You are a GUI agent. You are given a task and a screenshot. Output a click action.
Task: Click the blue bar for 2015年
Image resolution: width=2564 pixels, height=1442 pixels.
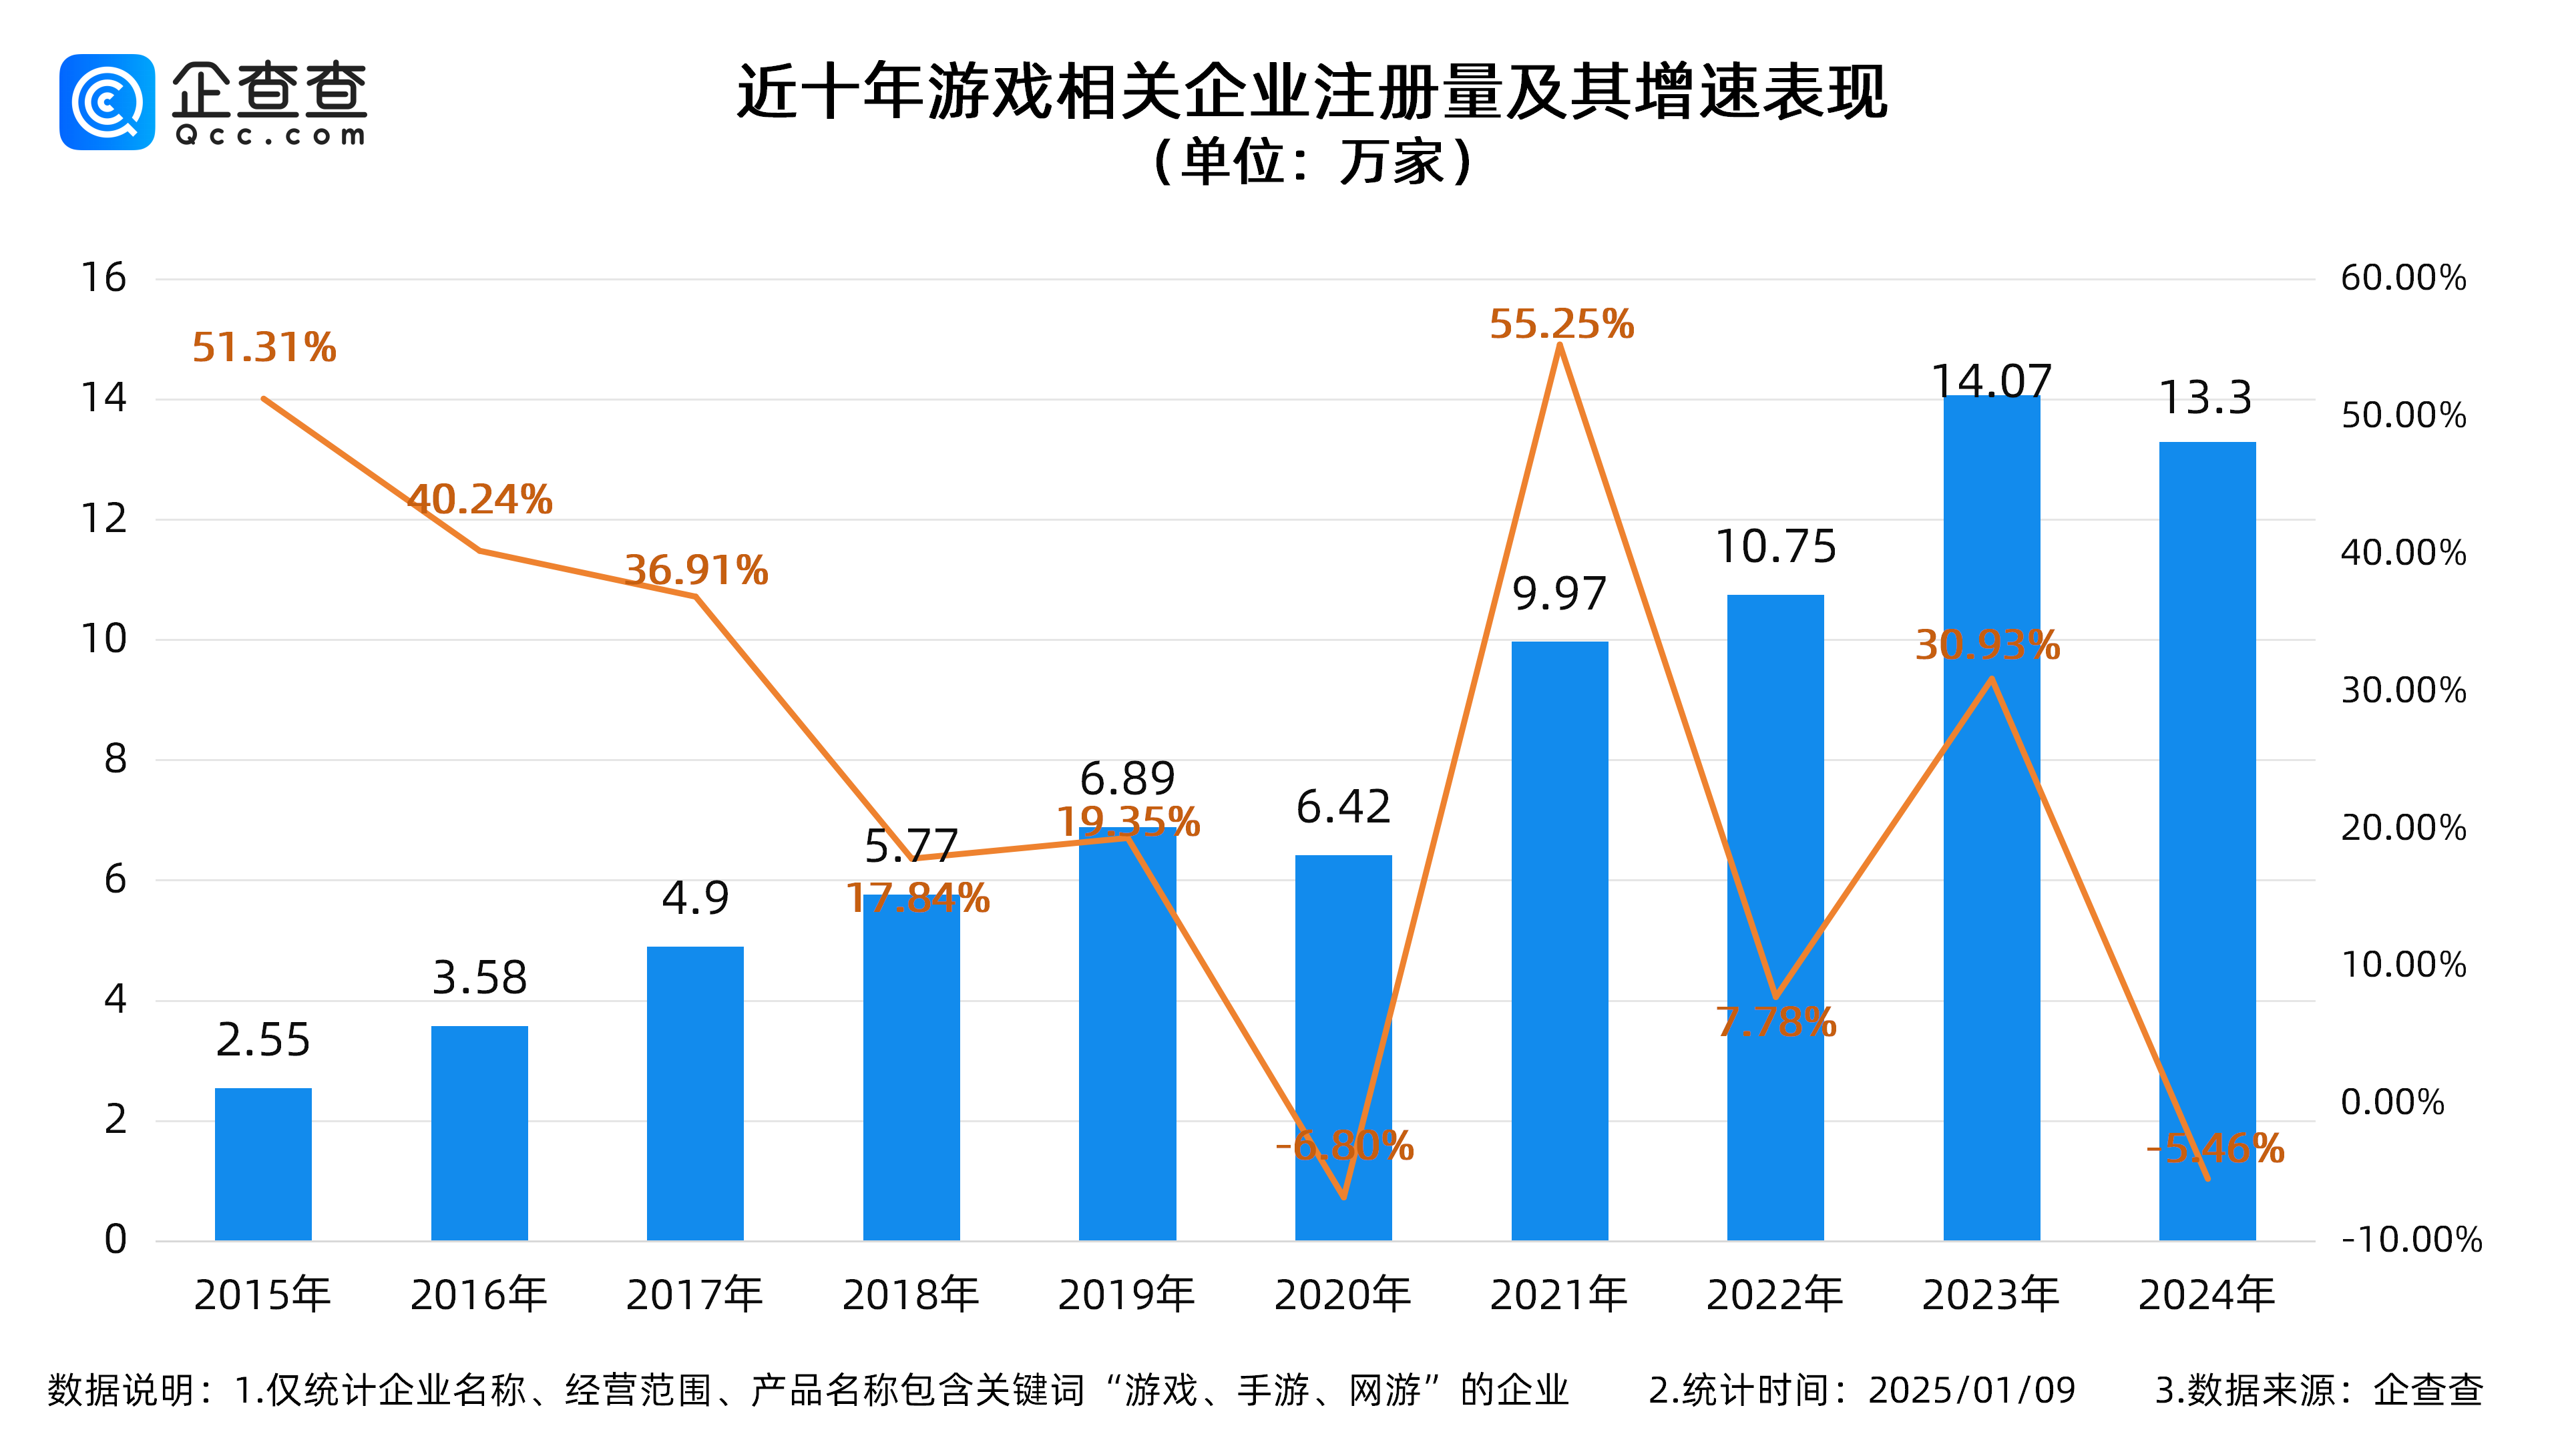(x=263, y=1164)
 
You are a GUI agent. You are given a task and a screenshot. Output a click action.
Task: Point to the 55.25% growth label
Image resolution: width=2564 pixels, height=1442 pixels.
(x=1560, y=324)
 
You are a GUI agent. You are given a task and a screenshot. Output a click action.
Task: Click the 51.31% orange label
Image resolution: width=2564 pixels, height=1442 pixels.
(x=264, y=347)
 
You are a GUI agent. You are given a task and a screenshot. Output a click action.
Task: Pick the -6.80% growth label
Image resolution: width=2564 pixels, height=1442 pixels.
(x=1343, y=1146)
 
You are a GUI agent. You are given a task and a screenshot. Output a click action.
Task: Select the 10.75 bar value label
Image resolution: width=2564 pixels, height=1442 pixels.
(x=1775, y=546)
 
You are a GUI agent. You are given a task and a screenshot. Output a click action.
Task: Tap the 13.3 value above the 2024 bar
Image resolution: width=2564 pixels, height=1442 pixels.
(x=2205, y=398)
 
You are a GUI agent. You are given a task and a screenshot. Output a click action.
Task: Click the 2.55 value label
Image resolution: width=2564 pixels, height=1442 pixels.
(x=263, y=1040)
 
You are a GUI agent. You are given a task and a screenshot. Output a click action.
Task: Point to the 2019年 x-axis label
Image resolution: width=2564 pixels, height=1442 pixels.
(x=1126, y=1294)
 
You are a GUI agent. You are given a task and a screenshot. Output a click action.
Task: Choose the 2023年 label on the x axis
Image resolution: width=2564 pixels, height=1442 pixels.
(x=1990, y=1294)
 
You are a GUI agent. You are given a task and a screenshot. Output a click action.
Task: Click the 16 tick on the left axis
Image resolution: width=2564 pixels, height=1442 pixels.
(x=103, y=278)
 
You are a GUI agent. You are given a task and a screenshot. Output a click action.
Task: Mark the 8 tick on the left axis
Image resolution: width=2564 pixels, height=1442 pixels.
(x=116, y=759)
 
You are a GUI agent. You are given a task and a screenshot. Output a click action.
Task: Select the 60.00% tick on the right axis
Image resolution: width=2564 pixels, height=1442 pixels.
(x=2403, y=278)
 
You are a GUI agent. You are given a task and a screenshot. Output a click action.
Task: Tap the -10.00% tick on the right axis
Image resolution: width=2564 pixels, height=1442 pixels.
(x=2410, y=1240)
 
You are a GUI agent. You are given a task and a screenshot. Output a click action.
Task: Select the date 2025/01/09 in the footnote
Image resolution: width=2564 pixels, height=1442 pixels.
(x=1971, y=1390)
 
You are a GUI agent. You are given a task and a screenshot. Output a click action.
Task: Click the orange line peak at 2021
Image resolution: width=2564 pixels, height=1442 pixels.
(x=1560, y=346)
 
